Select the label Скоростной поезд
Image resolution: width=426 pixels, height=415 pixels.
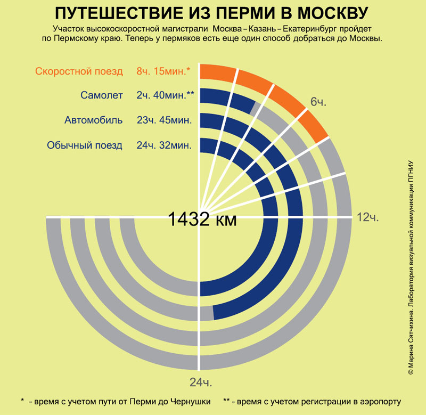(79, 71)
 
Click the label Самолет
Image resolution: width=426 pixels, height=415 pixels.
(102, 95)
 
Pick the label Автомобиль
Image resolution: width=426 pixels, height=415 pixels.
(94, 120)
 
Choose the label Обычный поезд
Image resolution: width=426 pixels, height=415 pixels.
(85, 145)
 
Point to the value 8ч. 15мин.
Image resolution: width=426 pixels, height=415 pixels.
(163, 71)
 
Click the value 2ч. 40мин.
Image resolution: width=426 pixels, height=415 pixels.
(165, 95)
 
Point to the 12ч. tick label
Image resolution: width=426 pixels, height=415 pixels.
(367, 217)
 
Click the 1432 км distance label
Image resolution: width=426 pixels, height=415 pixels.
(202, 218)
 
